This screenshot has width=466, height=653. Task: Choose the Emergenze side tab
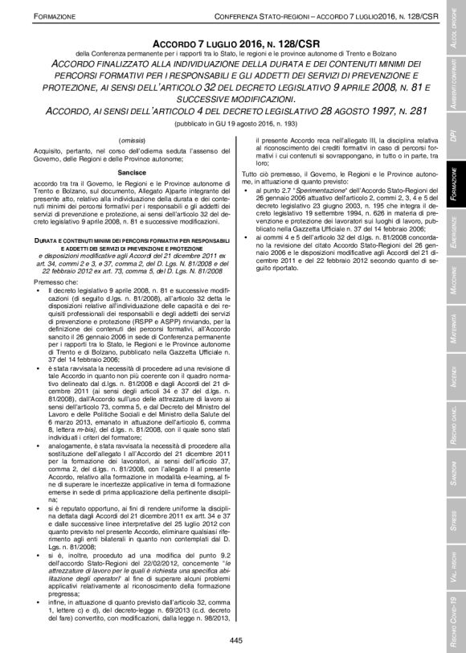455,233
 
